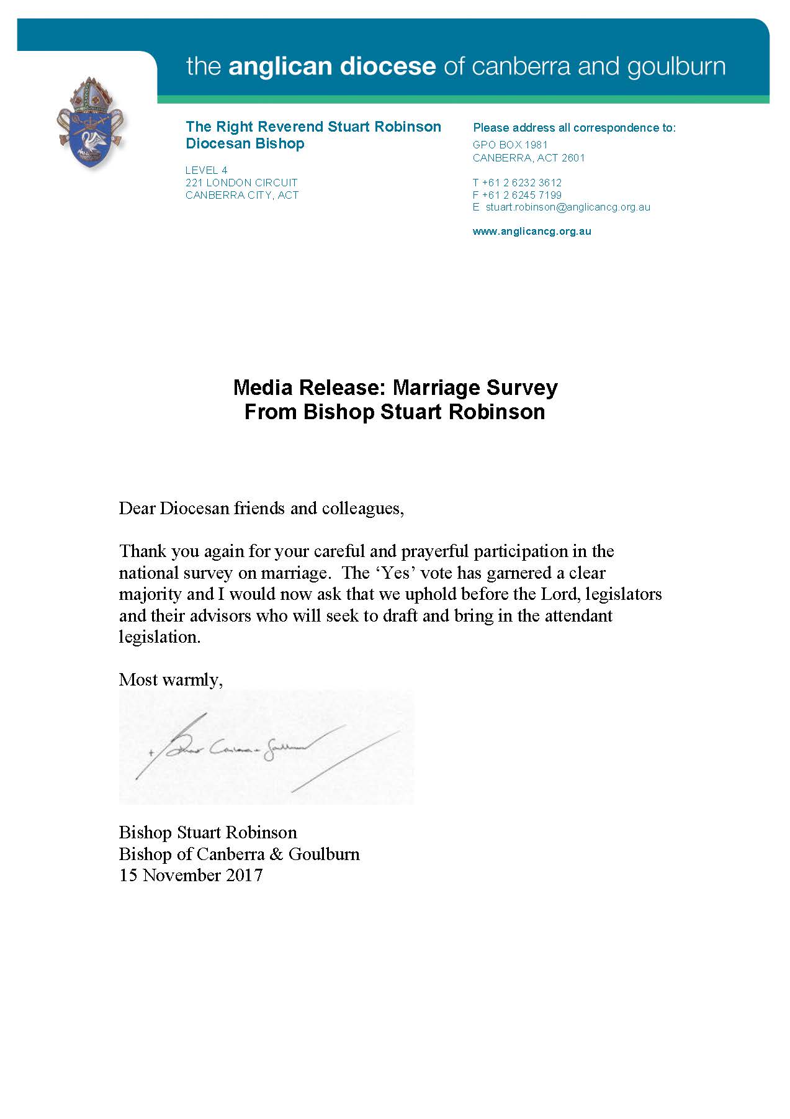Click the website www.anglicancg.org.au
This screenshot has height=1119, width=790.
click(x=532, y=232)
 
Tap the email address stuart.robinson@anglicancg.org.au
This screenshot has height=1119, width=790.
click(x=567, y=207)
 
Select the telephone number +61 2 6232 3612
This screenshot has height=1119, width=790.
click(x=521, y=183)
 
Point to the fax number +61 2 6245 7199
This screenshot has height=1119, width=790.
click(x=521, y=195)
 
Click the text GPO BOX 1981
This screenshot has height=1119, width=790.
click(x=510, y=145)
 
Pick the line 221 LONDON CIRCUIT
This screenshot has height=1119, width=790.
click(x=241, y=183)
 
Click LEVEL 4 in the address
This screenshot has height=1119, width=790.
click(x=207, y=170)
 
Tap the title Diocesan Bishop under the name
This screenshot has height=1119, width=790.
click(x=245, y=144)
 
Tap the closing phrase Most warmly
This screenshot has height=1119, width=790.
click(x=171, y=680)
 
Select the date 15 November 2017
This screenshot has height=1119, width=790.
click(x=191, y=876)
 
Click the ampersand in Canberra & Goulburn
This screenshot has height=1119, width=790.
click(x=276, y=854)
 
